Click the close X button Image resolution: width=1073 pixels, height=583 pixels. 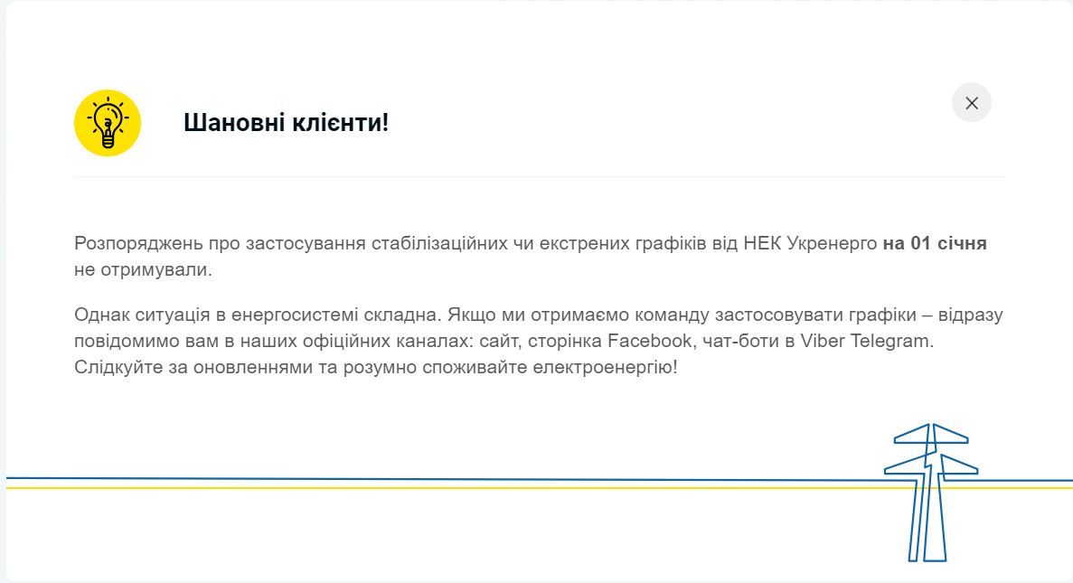tap(971, 103)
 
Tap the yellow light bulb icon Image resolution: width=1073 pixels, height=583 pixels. tap(108, 123)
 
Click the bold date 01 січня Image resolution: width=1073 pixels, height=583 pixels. tap(948, 243)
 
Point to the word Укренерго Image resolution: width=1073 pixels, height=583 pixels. tap(833, 243)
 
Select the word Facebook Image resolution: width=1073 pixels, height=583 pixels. tap(650, 341)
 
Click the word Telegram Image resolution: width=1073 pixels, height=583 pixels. tap(891, 341)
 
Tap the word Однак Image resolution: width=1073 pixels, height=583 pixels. tap(102, 315)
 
